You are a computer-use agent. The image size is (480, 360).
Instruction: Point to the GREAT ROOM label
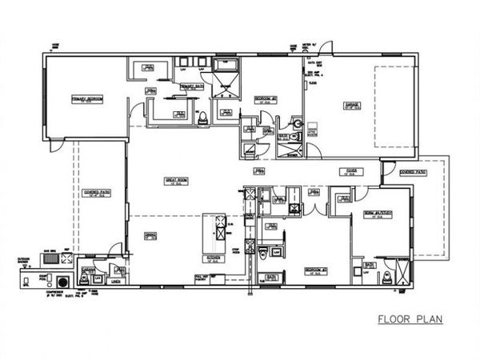click(176, 182)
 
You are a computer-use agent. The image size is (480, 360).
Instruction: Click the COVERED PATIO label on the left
click(97, 193)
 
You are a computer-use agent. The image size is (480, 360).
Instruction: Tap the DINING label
click(150, 235)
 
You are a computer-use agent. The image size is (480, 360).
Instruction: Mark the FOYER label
click(347, 170)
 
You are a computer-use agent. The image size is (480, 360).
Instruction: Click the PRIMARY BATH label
click(193, 86)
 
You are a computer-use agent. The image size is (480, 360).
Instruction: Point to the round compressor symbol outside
click(60, 282)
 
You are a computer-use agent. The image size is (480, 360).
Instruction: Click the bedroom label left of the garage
click(266, 99)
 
